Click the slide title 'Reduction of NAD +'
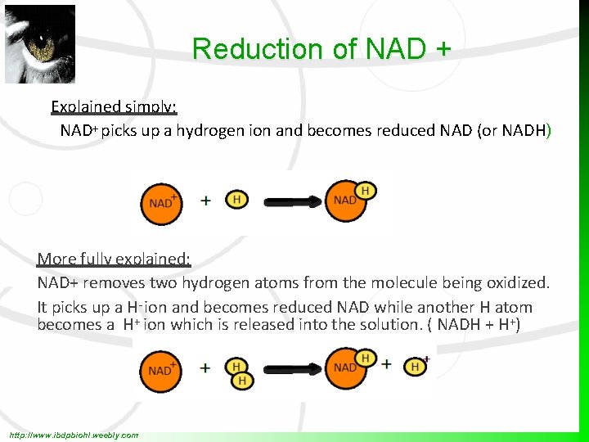pos(321,49)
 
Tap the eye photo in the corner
pos(40,44)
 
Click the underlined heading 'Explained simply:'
pos(115,106)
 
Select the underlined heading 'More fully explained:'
pos(114,259)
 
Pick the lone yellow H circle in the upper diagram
pos(236,200)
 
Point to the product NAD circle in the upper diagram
pos(346,201)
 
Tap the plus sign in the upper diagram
pos(205,200)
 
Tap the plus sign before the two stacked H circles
pos(205,368)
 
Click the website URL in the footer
pos(73,435)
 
